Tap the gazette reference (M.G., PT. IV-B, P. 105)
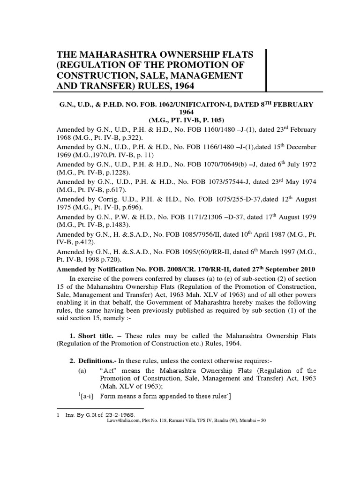coord(180,120)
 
